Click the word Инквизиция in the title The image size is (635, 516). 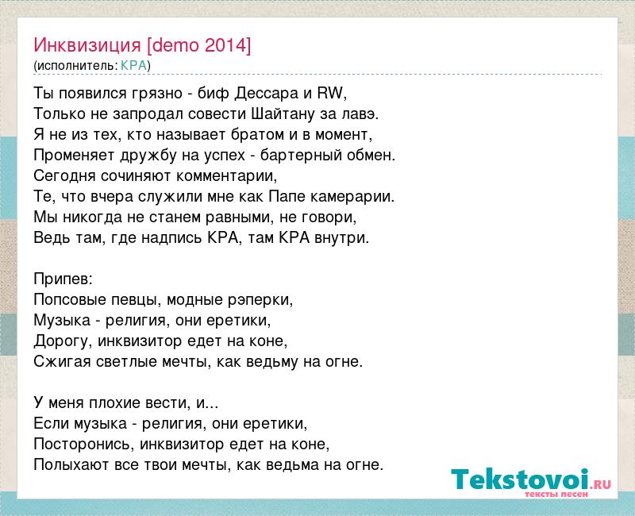[87, 45]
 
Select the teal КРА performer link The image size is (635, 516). [133, 65]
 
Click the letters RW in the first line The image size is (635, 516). [330, 93]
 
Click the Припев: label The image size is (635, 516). [63, 279]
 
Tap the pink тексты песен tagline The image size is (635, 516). [556, 494]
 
